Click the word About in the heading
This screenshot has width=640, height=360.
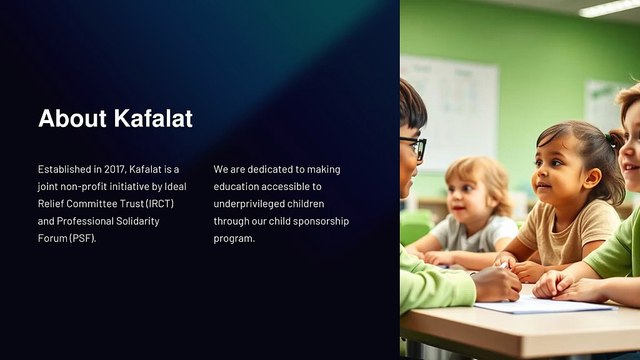click(72, 118)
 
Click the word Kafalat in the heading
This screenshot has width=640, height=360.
click(153, 118)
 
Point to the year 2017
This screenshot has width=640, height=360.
click(116, 169)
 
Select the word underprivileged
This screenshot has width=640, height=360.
click(249, 204)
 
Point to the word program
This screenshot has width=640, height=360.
click(234, 239)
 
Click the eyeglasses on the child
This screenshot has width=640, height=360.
click(414, 147)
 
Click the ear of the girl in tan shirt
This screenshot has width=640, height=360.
click(592, 178)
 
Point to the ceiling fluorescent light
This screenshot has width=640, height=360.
click(609, 8)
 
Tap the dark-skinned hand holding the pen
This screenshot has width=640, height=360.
click(496, 283)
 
